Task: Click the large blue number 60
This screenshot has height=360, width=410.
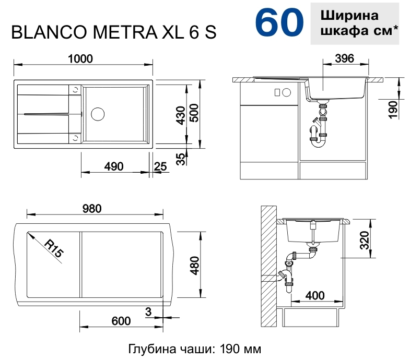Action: [279, 22]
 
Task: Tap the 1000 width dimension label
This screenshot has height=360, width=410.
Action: [80, 59]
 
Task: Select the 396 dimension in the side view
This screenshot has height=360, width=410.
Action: [344, 58]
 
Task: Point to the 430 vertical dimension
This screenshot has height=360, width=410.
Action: [181, 115]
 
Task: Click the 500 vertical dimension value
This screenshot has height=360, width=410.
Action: [194, 113]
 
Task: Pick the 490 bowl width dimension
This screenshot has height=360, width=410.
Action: [114, 166]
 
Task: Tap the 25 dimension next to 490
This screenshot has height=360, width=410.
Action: [160, 166]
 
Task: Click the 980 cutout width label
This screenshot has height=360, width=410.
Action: [92, 209]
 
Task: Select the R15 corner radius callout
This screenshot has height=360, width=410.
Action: [54, 248]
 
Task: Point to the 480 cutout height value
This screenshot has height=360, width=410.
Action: [195, 266]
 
